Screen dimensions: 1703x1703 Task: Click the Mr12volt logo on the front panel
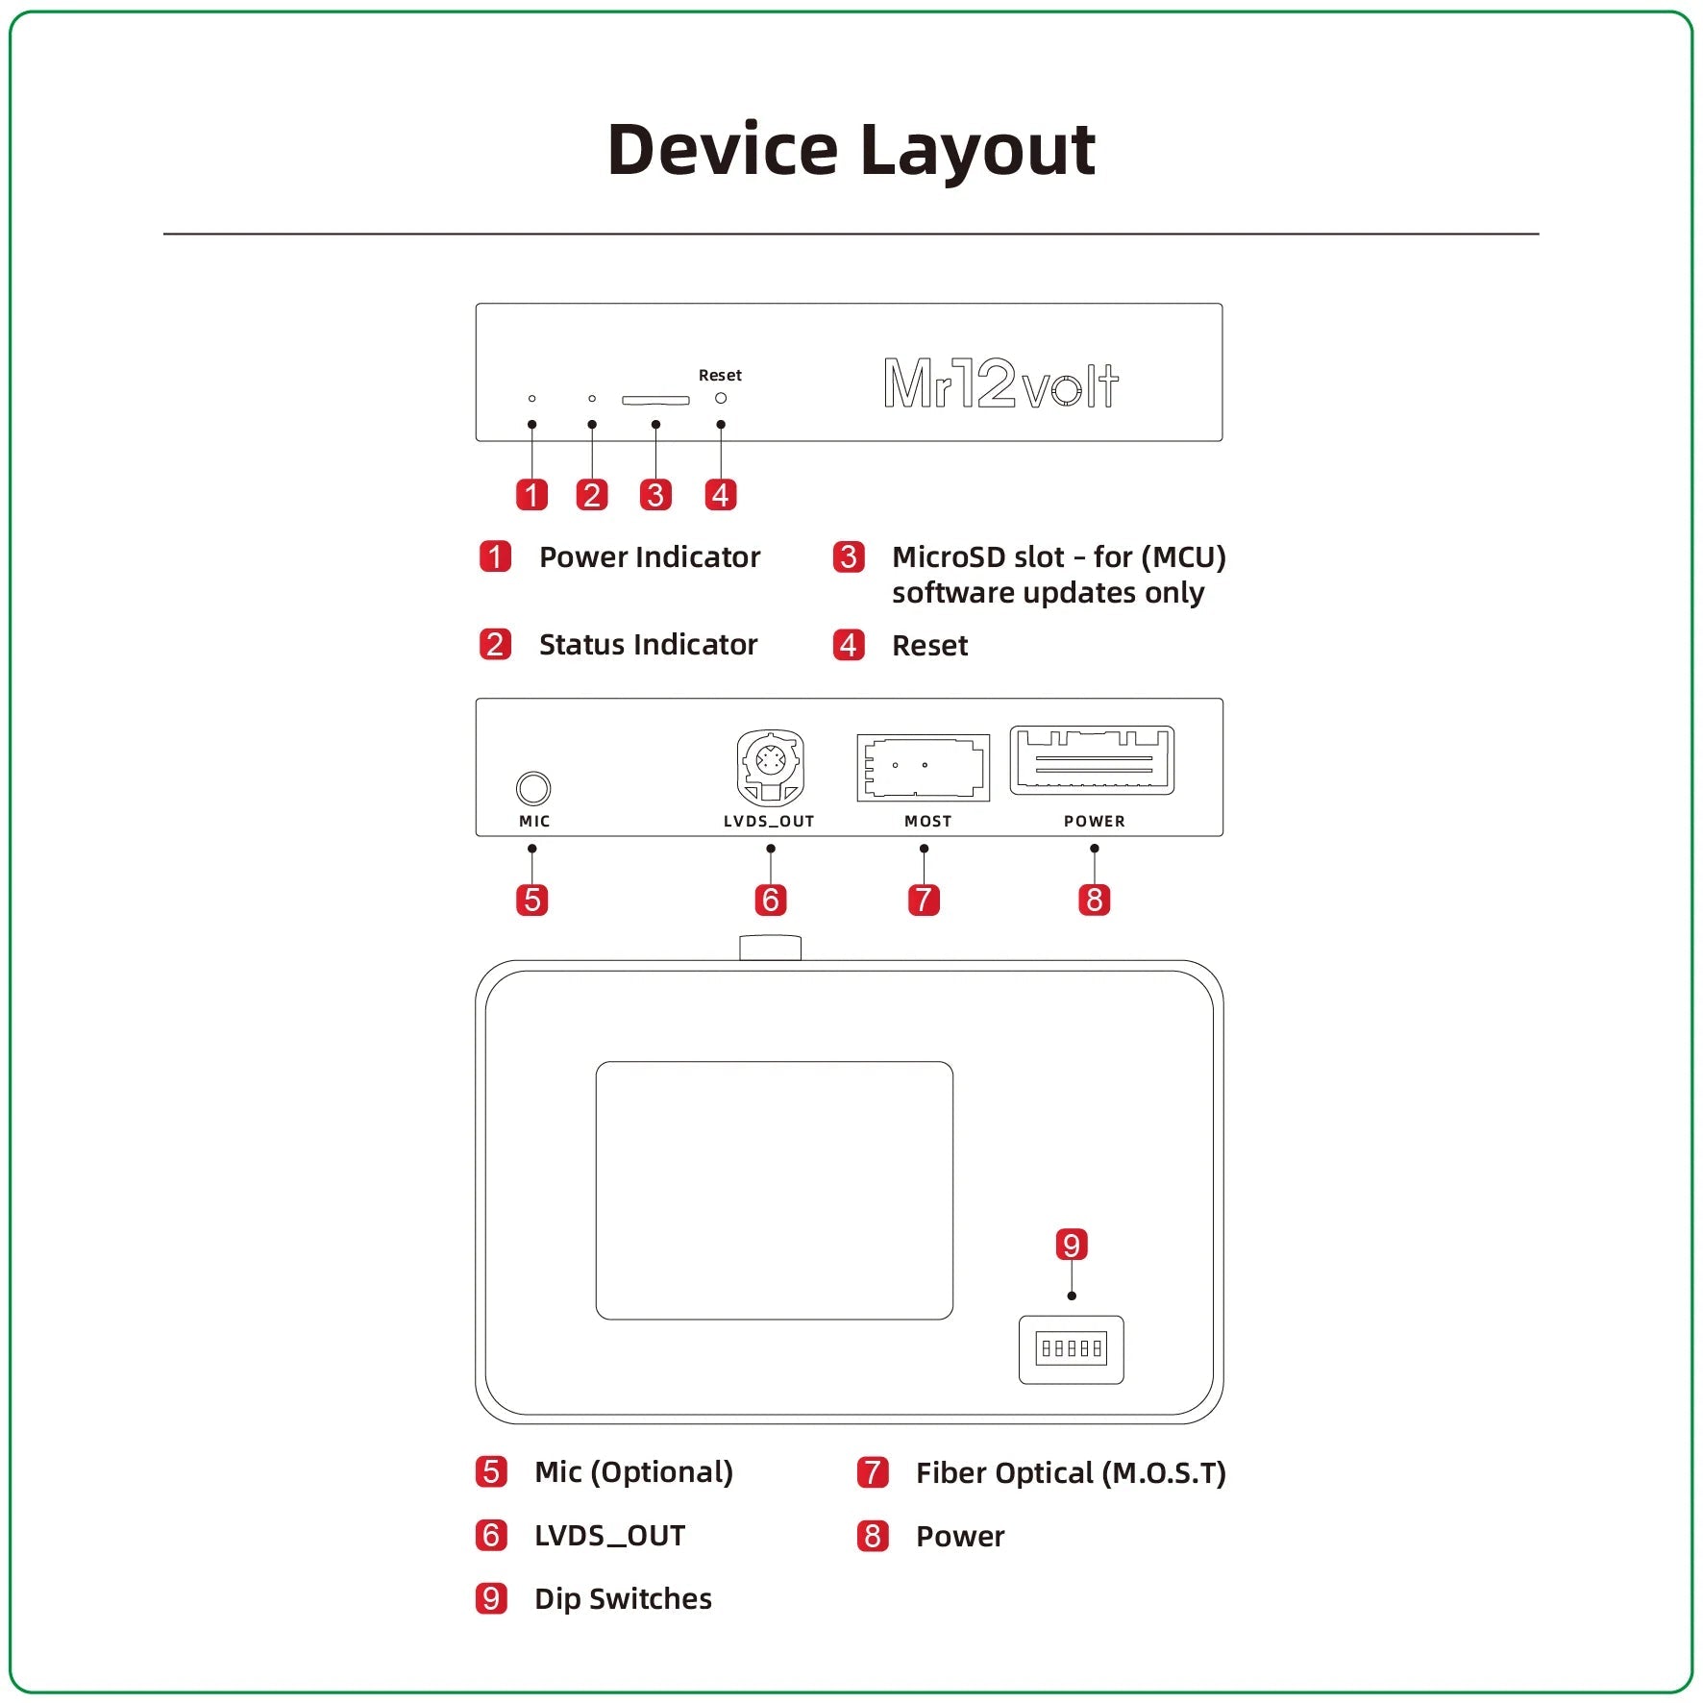coord(1000,383)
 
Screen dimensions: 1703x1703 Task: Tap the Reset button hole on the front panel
coord(721,398)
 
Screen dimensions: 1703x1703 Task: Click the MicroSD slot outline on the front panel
coord(655,400)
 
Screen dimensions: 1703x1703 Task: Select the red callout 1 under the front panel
coord(531,495)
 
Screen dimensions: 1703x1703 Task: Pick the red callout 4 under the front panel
coord(721,495)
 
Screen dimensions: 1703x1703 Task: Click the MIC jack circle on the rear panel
coord(533,788)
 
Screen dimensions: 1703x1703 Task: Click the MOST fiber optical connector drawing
coord(923,767)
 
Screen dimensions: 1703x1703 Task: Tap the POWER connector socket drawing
coord(1092,760)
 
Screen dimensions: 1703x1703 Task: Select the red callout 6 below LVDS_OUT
coord(770,901)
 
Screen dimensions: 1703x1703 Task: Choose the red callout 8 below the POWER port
coord(1094,901)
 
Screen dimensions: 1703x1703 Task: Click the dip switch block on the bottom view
coord(1071,1348)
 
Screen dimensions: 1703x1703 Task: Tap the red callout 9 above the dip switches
coord(1071,1245)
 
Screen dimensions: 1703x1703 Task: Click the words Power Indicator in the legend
coord(649,557)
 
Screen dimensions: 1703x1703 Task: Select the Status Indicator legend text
coord(648,645)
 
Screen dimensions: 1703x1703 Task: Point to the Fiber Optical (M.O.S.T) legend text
coord(1070,1473)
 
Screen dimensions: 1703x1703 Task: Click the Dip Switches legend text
coord(623,1598)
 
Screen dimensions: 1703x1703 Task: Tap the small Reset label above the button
coord(720,375)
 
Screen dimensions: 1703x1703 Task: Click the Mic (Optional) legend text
coord(633,1472)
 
